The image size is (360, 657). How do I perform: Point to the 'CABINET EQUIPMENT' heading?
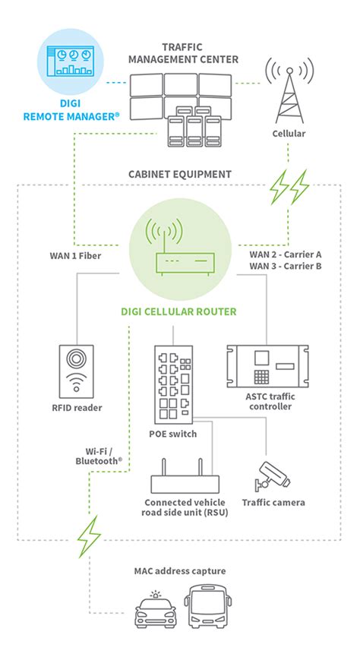(179, 175)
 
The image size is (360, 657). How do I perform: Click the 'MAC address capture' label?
(180, 570)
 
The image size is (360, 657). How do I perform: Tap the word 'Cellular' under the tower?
(289, 134)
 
